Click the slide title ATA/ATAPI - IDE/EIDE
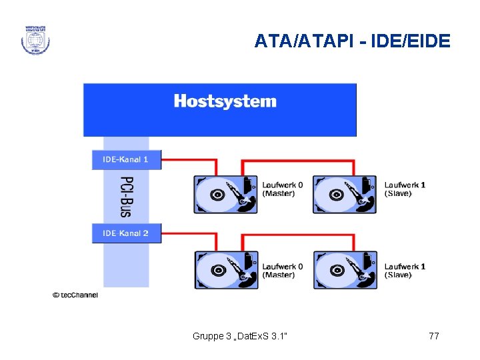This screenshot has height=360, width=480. pyautogui.click(x=352, y=42)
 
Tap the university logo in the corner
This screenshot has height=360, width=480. pyautogui.click(x=35, y=39)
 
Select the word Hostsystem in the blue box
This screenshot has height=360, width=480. pyautogui.click(x=225, y=102)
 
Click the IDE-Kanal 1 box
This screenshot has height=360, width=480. pyautogui.click(x=126, y=160)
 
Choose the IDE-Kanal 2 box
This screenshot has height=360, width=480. pyautogui.click(x=126, y=233)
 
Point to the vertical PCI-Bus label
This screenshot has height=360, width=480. pyautogui.click(x=126, y=197)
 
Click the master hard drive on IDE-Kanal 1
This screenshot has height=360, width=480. pyautogui.click(x=225, y=194)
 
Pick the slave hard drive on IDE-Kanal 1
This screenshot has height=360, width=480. pyautogui.click(x=345, y=194)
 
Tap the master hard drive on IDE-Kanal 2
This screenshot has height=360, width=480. pyautogui.click(x=225, y=270)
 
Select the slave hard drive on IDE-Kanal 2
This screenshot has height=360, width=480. pyautogui.click(x=345, y=270)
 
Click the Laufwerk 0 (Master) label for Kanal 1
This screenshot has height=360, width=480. pyautogui.click(x=282, y=189)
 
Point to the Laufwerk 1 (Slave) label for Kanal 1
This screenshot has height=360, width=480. pyautogui.click(x=405, y=189)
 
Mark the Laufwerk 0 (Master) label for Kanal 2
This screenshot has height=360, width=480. pyautogui.click(x=282, y=271)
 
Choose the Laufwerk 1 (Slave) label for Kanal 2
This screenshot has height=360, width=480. pyautogui.click(x=405, y=271)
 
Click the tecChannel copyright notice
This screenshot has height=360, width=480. pyautogui.click(x=75, y=295)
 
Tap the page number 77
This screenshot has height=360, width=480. pyautogui.click(x=433, y=336)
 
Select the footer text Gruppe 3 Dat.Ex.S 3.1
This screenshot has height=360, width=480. pyautogui.click(x=240, y=336)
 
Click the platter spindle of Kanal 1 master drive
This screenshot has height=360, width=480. pyautogui.click(x=217, y=195)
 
